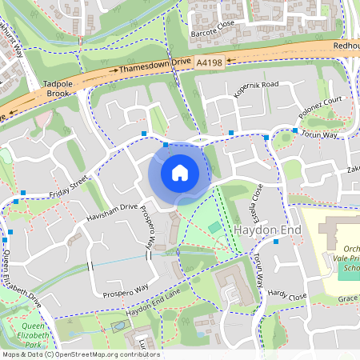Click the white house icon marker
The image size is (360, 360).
point(180,172)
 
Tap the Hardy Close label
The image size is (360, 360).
point(287,296)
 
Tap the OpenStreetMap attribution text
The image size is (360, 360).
point(80,354)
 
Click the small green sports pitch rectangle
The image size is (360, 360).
point(214,229)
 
